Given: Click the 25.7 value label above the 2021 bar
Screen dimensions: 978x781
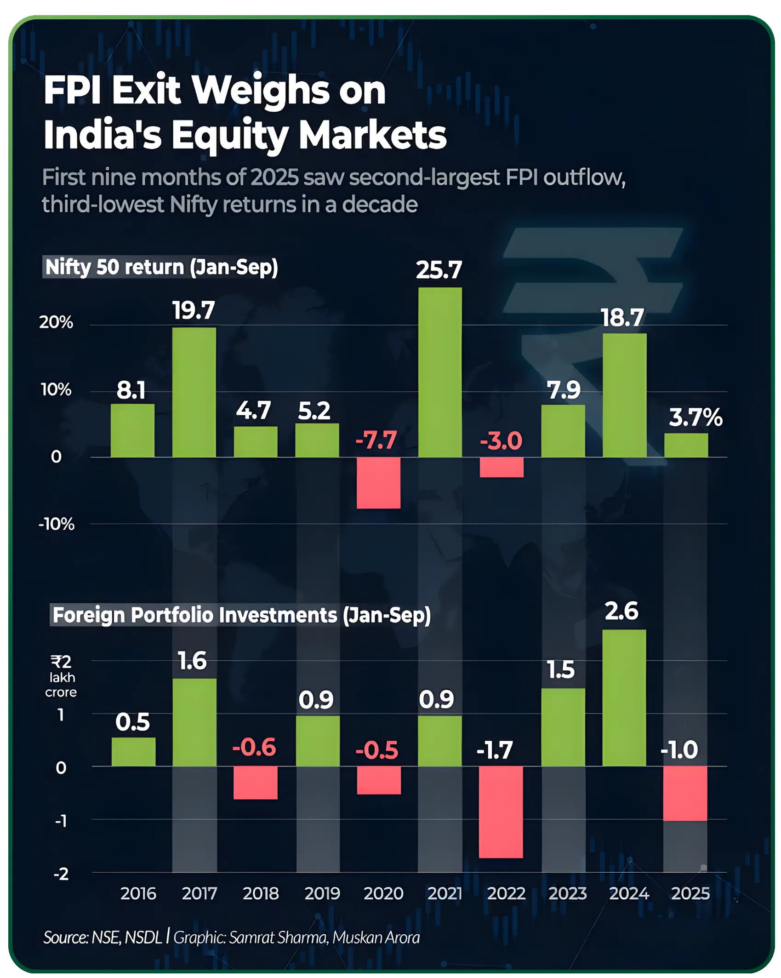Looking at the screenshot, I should (439, 270).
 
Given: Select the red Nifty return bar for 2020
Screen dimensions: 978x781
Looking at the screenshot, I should (378, 482).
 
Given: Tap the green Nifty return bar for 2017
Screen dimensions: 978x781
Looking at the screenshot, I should (194, 392).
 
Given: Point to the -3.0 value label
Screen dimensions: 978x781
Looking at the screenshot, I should (501, 441).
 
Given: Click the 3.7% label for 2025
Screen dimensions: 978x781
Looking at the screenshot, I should (695, 418).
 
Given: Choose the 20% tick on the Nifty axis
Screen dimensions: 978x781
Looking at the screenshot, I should (56, 322).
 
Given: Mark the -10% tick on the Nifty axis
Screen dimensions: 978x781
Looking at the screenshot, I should (56, 524).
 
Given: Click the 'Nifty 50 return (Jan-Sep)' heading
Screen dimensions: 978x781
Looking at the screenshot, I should (161, 267).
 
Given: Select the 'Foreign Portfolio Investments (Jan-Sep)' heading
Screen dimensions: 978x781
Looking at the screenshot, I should (241, 615).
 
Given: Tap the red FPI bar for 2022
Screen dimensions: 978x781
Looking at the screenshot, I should (501, 812).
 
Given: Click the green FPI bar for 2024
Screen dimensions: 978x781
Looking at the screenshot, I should (624, 698).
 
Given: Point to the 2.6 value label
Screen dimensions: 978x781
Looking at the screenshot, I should (621, 611).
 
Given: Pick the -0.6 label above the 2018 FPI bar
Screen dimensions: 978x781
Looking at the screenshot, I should (254, 747).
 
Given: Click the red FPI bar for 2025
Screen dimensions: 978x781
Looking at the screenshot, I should (685, 793).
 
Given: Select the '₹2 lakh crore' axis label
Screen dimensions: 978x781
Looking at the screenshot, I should (61, 676).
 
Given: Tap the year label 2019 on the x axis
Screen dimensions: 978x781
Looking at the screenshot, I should (322, 893).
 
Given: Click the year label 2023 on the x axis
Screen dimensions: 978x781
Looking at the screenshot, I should (567, 893).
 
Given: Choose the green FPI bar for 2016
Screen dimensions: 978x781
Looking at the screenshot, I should (133, 752).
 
